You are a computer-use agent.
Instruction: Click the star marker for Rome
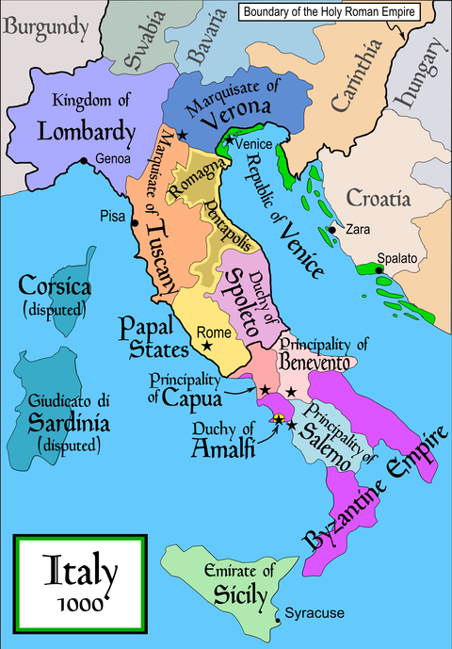point(207,347)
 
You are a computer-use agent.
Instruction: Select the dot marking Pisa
point(137,223)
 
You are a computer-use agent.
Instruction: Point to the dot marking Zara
point(332,229)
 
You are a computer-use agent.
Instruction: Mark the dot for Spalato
point(379,269)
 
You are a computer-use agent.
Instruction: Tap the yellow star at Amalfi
point(278,417)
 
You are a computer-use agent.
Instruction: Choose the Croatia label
point(379,198)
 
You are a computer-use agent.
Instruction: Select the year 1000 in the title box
point(78,603)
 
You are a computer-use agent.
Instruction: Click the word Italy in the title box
point(78,570)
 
